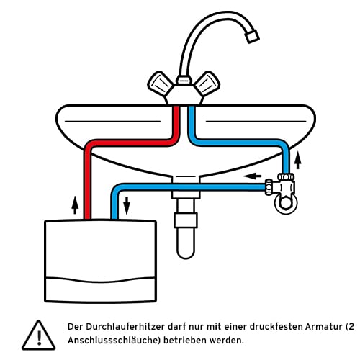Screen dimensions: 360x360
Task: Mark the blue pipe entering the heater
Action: coord(113,205)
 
